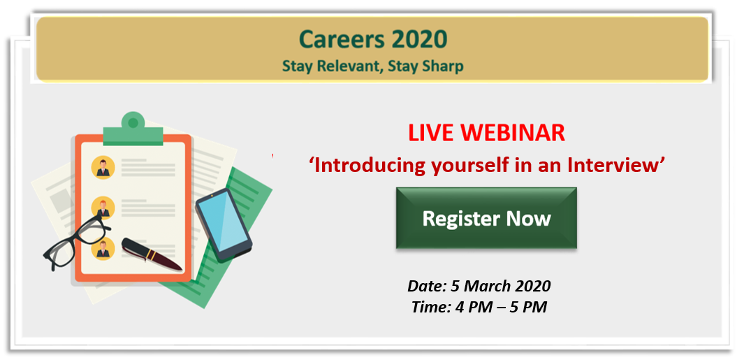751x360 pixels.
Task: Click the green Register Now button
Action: coord(486,218)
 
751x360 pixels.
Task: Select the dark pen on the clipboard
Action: coord(152,254)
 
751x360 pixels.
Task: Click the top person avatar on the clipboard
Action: coord(103,168)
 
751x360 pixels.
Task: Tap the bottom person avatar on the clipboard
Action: coord(103,249)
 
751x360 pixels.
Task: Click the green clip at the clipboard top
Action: coord(133,130)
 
